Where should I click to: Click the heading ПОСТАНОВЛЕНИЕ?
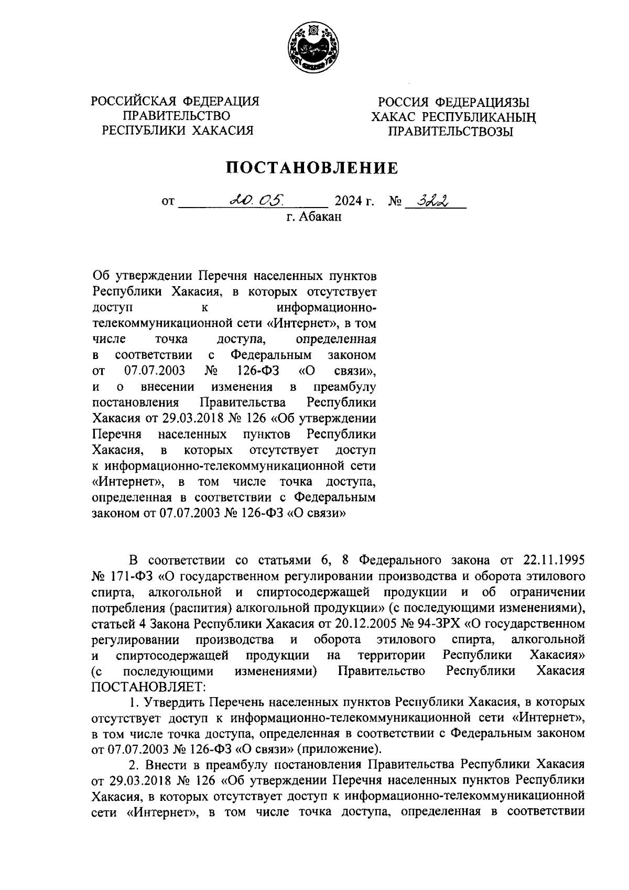[312, 168]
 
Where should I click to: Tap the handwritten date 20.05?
[256, 199]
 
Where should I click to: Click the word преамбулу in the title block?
[344, 387]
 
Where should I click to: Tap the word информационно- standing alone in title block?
[326, 308]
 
